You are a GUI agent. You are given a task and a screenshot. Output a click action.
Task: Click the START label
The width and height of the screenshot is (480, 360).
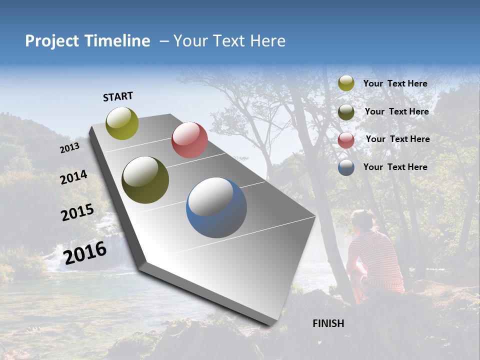click(x=118, y=96)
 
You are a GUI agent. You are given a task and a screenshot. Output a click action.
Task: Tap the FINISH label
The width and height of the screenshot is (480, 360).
click(x=328, y=323)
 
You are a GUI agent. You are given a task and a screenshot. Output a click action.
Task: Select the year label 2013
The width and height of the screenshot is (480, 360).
click(x=69, y=148)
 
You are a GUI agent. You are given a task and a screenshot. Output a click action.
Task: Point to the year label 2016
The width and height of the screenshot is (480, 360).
click(x=85, y=253)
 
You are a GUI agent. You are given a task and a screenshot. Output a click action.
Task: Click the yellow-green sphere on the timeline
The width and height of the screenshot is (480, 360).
click(x=122, y=123)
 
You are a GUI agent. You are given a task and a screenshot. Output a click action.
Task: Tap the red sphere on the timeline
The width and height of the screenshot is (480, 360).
click(x=189, y=140)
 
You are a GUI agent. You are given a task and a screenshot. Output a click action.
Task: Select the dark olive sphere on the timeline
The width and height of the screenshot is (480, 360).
click(x=145, y=180)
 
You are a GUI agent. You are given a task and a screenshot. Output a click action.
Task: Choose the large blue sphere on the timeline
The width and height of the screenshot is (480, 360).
click(x=216, y=207)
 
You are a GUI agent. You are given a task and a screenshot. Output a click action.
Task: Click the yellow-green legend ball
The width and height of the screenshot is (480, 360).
click(x=346, y=83)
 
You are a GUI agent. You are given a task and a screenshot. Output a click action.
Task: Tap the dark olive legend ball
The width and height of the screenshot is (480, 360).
click(x=346, y=112)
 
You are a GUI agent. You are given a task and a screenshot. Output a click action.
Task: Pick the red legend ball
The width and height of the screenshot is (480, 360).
click(x=346, y=140)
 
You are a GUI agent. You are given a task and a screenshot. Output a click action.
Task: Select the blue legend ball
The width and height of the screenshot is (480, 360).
click(x=346, y=167)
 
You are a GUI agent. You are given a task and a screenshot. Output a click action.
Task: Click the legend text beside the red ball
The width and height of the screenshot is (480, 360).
click(x=397, y=139)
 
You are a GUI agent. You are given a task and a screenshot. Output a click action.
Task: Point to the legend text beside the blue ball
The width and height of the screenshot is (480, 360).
click(x=395, y=167)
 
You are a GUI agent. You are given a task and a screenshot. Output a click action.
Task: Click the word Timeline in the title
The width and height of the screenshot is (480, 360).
click(x=118, y=41)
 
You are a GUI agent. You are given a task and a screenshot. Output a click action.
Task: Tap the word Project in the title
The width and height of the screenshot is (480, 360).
click(x=52, y=41)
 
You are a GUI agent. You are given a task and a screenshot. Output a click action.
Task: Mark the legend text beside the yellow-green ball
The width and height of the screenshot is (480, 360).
click(x=395, y=83)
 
